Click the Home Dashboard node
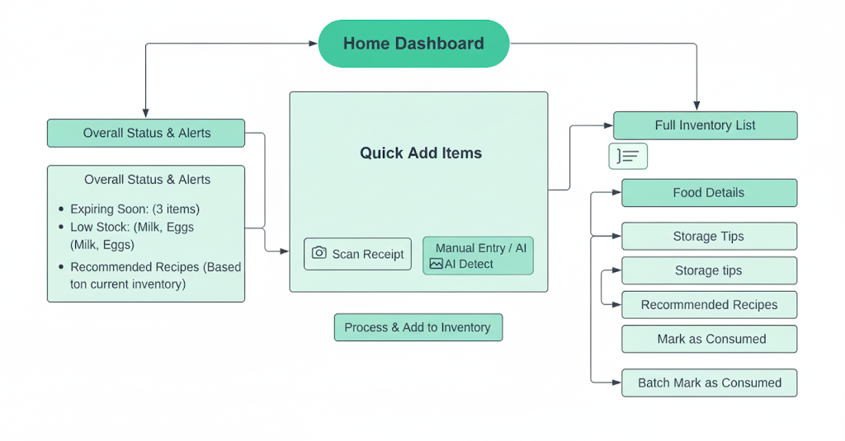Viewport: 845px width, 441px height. coord(413,44)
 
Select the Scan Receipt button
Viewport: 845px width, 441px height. coord(357,254)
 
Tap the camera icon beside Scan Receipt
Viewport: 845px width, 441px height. coord(319,253)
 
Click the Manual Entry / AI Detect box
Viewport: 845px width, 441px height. coord(478,256)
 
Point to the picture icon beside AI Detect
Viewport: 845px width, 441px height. coord(436,264)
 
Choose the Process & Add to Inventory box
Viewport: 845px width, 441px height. coord(418,327)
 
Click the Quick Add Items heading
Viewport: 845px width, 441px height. coord(420,152)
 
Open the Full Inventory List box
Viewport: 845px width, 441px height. coord(705,125)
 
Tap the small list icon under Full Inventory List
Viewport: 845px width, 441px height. coord(628,156)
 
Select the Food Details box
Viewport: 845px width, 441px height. coord(708,193)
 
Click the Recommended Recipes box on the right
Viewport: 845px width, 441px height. coord(709,305)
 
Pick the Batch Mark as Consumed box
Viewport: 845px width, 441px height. coord(709,382)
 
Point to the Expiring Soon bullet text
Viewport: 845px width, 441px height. coord(135,209)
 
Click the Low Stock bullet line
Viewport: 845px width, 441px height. coord(132,227)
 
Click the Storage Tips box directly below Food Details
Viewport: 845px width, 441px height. coord(709,237)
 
